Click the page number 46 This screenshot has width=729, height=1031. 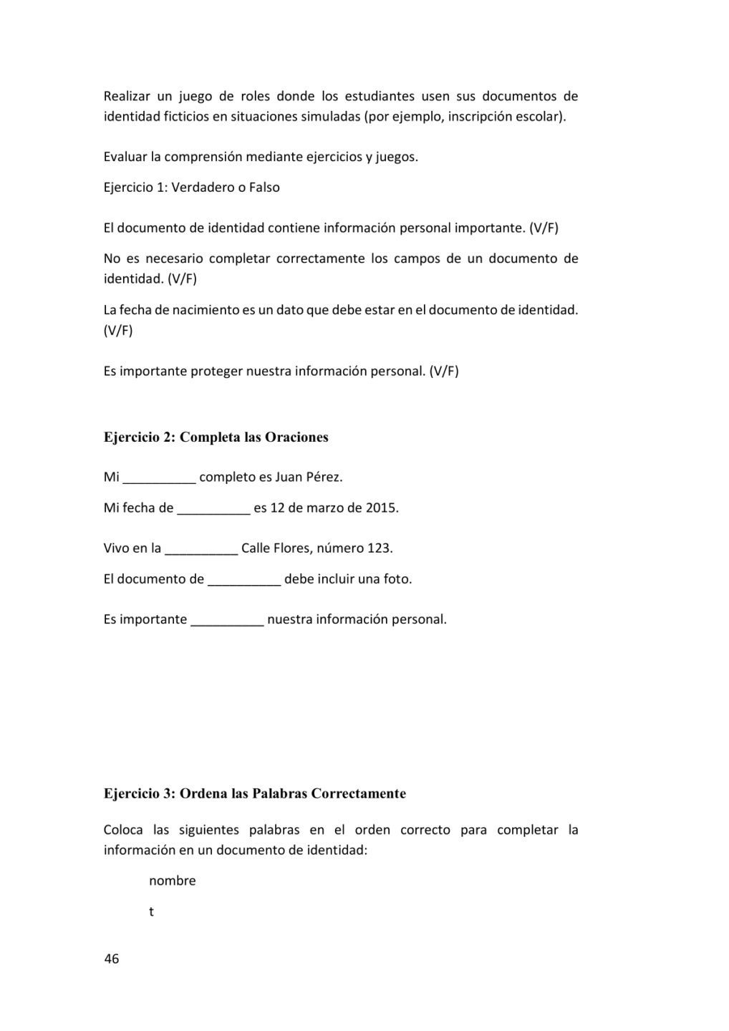112,959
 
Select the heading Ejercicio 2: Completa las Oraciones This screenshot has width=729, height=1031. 216,437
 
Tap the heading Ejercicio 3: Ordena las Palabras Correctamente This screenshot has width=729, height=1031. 254,793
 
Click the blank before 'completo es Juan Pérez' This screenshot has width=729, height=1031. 159,478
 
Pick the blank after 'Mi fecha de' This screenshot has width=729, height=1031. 213,509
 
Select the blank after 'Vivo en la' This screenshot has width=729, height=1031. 201,549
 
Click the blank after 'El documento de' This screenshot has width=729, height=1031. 244,580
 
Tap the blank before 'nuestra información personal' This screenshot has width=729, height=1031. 227,620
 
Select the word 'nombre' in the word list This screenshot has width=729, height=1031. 172,881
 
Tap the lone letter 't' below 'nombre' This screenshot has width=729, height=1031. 151,912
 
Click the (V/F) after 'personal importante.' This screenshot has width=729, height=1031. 544,228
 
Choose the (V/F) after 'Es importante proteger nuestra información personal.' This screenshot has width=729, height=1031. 444,371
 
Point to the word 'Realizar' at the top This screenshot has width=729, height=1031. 127,96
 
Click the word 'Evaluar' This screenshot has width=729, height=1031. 125,157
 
